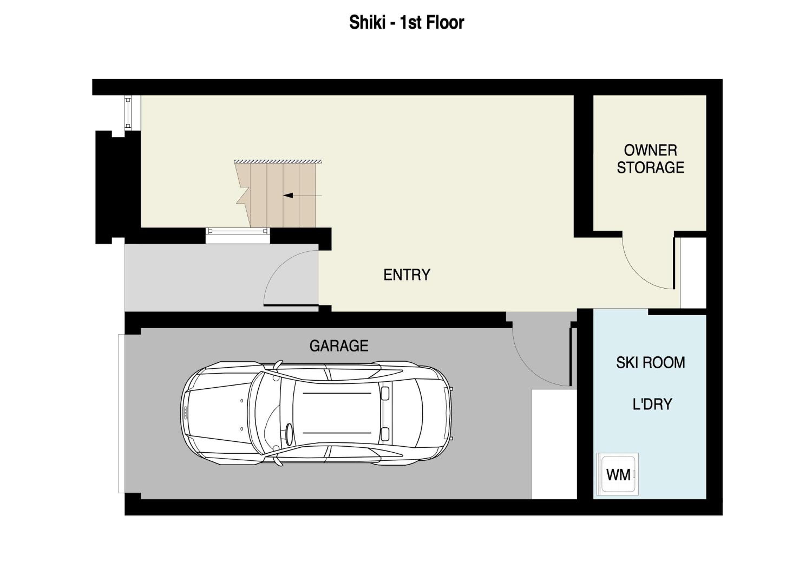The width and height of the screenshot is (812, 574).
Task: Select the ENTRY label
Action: [407, 275]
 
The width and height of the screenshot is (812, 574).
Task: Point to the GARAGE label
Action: [339, 346]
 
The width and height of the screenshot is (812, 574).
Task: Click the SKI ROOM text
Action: [650, 363]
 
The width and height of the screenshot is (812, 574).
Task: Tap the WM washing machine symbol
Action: [617, 474]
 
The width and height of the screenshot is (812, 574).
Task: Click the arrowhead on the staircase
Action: [288, 195]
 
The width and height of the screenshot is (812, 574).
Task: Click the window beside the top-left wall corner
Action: [128, 113]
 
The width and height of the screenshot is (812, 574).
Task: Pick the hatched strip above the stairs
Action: [278, 161]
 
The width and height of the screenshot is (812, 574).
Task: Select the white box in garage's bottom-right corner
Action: [554, 444]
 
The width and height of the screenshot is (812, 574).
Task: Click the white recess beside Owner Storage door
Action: [693, 272]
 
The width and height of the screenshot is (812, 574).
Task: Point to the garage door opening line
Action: [121, 413]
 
